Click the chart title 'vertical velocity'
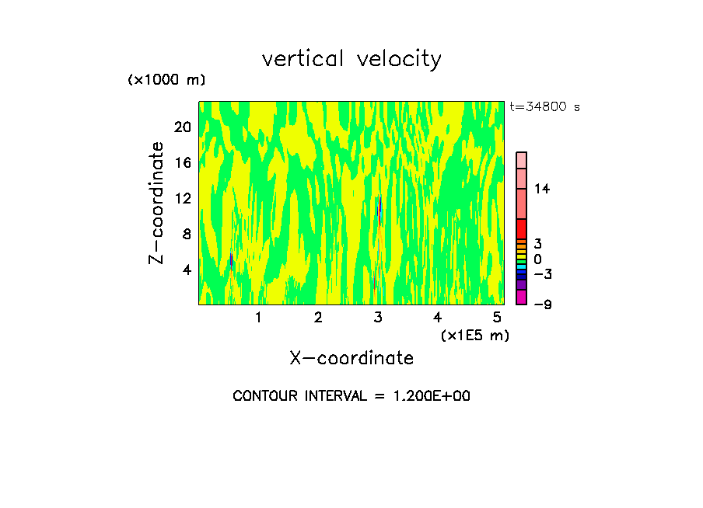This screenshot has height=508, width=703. (x=351, y=59)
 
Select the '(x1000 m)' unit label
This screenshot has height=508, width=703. (x=166, y=81)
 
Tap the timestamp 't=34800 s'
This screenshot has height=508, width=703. (x=545, y=107)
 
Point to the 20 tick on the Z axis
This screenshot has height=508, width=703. (x=183, y=127)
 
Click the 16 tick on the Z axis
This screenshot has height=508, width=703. (x=183, y=162)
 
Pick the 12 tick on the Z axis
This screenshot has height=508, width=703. (x=183, y=198)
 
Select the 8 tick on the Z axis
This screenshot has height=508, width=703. (x=186, y=234)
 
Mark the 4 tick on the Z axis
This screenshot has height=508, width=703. (x=186, y=270)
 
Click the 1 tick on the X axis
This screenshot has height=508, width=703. (x=258, y=317)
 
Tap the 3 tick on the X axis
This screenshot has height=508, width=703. (x=378, y=317)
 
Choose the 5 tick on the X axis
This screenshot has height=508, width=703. (x=497, y=317)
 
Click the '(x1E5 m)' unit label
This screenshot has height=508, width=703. (x=474, y=336)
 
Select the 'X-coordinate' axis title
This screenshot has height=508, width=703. (x=351, y=358)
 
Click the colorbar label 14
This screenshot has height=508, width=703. (x=541, y=189)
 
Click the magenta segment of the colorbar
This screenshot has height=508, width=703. (x=522, y=297)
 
